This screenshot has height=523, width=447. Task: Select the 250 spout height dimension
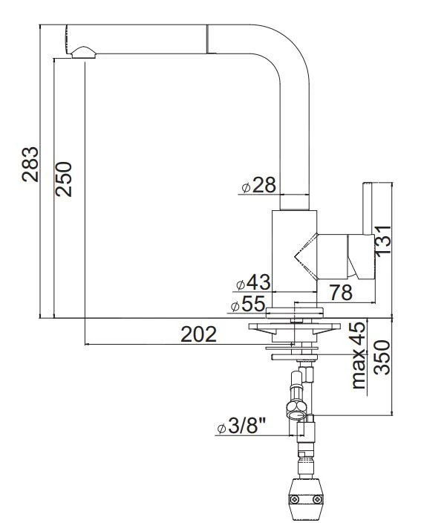(x=65, y=178)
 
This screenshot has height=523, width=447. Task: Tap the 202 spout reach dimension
(x=198, y=334)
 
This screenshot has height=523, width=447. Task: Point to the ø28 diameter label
(x=258, y=185)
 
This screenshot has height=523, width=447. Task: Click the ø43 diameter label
(x=252, y=283)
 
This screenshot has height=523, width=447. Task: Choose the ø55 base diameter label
(x=247, y=305)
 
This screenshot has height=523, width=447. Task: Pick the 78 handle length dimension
(x=341, y=293)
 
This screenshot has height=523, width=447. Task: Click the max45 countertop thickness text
(x=359, y=355)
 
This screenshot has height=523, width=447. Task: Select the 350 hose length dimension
(x=382, y=358)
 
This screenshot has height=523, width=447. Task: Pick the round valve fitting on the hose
(x=295, y=406)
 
